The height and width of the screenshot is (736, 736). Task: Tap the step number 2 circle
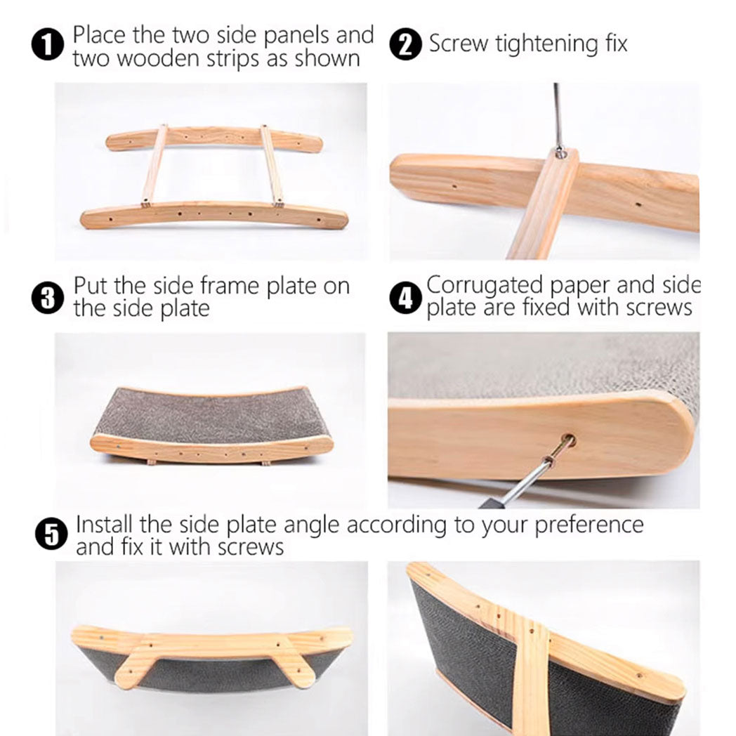[x=405, y=45]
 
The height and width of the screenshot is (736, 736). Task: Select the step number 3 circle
[x=47, y=298]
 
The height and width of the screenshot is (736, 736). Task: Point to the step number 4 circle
[x=405, y=298]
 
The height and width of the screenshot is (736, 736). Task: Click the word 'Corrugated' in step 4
[x=485, y=286]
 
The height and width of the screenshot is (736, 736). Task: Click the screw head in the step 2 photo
[x=560, y=150]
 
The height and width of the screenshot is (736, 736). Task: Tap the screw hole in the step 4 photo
[x=567, y=442]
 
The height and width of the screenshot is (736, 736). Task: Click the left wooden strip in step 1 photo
[x=155, y=165]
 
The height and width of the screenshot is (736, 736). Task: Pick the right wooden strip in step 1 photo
[x=272, y=165]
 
